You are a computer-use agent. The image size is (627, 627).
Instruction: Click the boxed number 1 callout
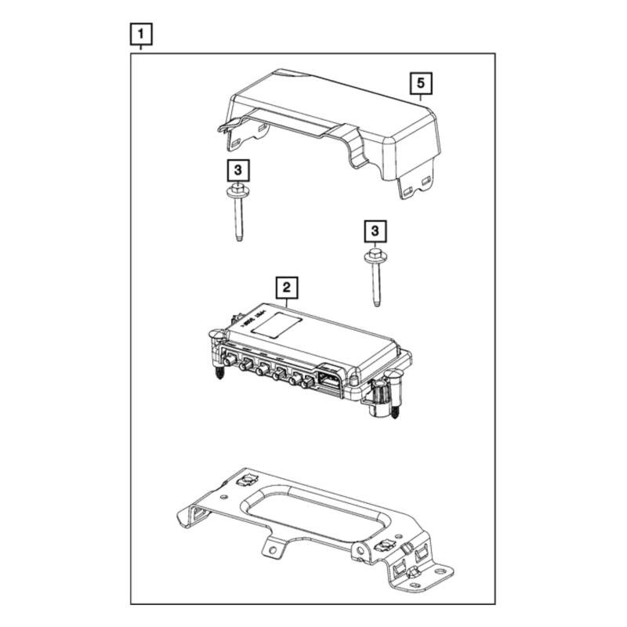140,34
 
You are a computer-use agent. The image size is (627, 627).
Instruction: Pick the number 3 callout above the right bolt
375,230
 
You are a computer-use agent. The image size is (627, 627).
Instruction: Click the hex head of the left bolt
235,190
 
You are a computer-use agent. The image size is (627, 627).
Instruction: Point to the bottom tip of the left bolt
236,240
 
